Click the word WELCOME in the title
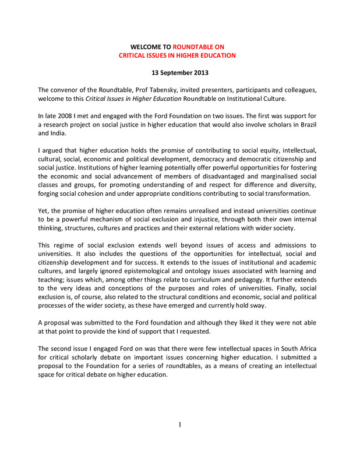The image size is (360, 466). coord(146,46)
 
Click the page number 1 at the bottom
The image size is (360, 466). coord(180,425)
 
